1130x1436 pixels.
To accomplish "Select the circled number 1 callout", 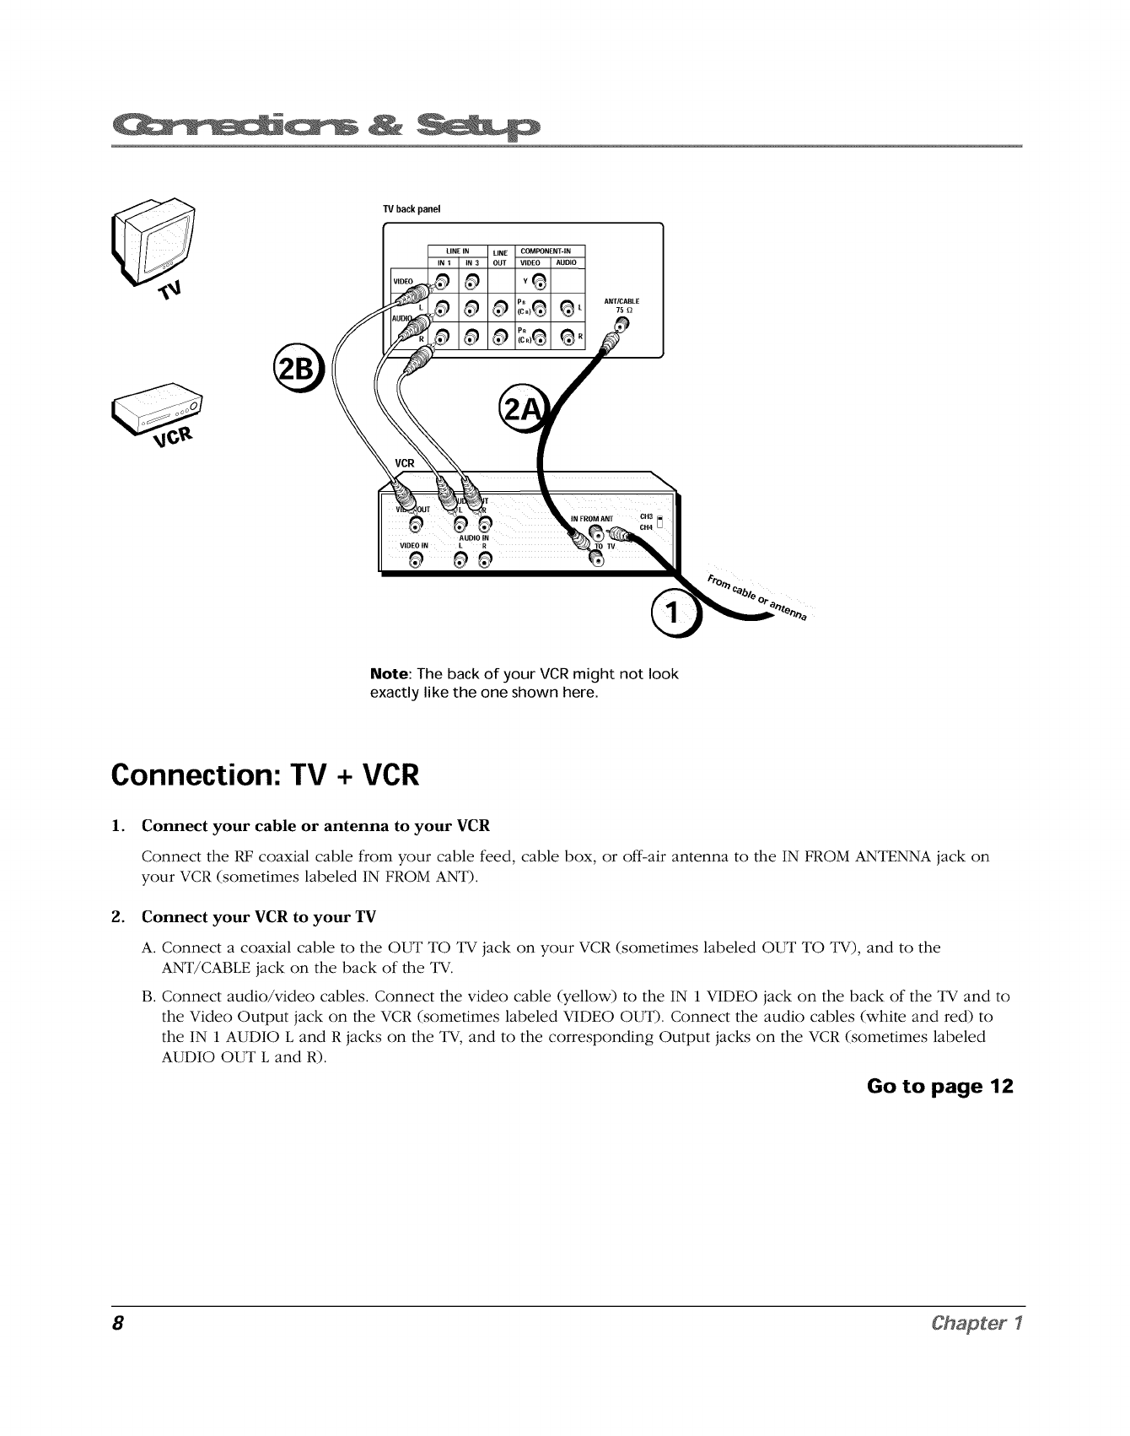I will pyautogui.click(x=672, y=613).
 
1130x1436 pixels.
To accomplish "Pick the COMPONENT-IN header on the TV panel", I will pyautogui.click(x=546, y=251).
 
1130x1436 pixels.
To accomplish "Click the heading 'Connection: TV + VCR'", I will pyautogui.click(x=264, y=774).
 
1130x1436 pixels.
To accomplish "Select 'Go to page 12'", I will pyautogui.click(x=939, y=1085).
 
